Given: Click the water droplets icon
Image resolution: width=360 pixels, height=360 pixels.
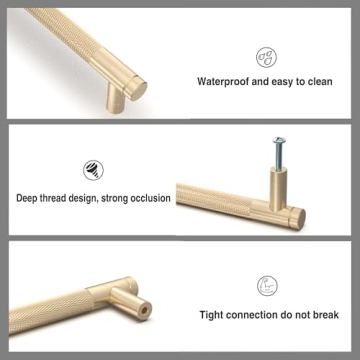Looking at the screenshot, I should [x=268, y=55].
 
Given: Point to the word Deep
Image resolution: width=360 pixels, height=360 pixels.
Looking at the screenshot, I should [x=29, y=198].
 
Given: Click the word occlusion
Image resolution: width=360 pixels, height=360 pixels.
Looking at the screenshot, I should [x=149, y=198].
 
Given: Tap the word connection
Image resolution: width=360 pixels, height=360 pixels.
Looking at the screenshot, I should [x=257, y=313].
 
